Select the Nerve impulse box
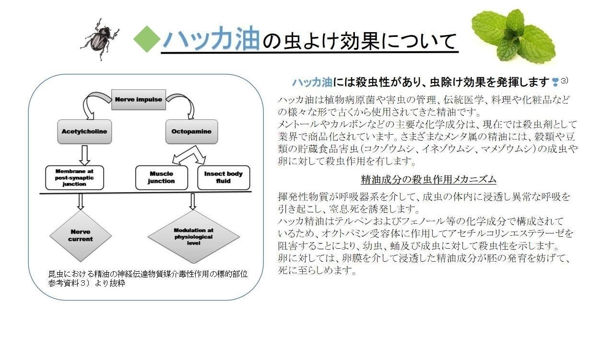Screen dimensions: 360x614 pos(139,99)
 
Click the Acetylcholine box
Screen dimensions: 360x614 pos(84,131)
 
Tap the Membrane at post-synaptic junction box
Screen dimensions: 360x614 pos(74,177)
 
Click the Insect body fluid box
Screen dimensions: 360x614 pos(224,177)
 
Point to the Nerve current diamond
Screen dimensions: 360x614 pos(81,235)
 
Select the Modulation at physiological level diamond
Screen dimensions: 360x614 pos(193,236)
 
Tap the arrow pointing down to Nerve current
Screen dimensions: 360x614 pos(81,202)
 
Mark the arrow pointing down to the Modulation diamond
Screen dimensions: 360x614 pos(193,202)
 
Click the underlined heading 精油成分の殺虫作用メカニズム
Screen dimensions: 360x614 pos(428,180)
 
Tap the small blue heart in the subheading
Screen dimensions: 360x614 pos(555,82)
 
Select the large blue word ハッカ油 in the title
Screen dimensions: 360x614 pos(211,38)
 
